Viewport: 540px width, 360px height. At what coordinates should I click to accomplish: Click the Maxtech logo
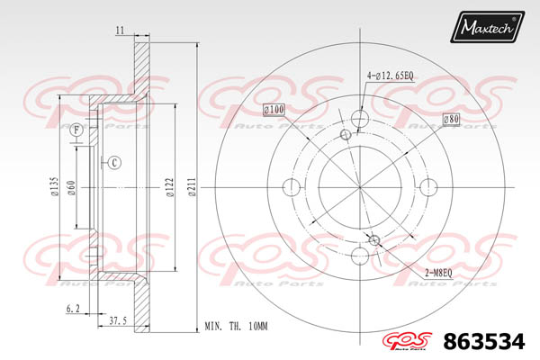coord(487,26)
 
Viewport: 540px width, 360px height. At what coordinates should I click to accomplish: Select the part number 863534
coord(484,341)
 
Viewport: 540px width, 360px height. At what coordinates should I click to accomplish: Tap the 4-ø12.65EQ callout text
coord(391,76)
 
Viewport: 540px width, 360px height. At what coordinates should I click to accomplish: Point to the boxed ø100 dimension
coord(274,110)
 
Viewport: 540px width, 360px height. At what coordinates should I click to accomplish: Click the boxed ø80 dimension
coord(451,119)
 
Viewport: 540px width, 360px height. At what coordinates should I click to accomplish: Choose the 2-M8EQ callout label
coord(438,274)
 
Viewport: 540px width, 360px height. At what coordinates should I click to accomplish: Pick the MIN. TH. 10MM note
coord(236,326)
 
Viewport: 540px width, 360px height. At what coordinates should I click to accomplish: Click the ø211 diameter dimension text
coord(192,186)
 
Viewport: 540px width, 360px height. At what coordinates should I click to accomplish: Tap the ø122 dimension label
coord(170,187)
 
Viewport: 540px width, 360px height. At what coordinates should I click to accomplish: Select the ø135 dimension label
coord(54,186)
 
